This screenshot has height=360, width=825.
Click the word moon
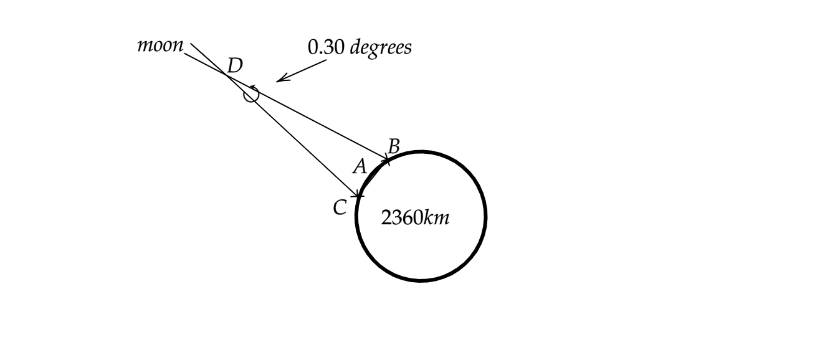pos(160,45)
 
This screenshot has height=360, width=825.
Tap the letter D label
pos(235,65)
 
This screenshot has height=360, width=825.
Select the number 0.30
pos(326,47)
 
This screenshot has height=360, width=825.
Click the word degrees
pos(381,48)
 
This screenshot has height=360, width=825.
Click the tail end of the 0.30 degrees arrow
pos(327,60)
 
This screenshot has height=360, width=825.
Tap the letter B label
pos(394,146)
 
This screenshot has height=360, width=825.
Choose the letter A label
pos(360,166)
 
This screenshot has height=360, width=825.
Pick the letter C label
pos(340,207)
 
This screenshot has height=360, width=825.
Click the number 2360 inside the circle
pos(402,217)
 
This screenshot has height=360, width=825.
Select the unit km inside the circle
pos(437,217)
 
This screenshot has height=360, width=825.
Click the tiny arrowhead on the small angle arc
pos(252,87)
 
